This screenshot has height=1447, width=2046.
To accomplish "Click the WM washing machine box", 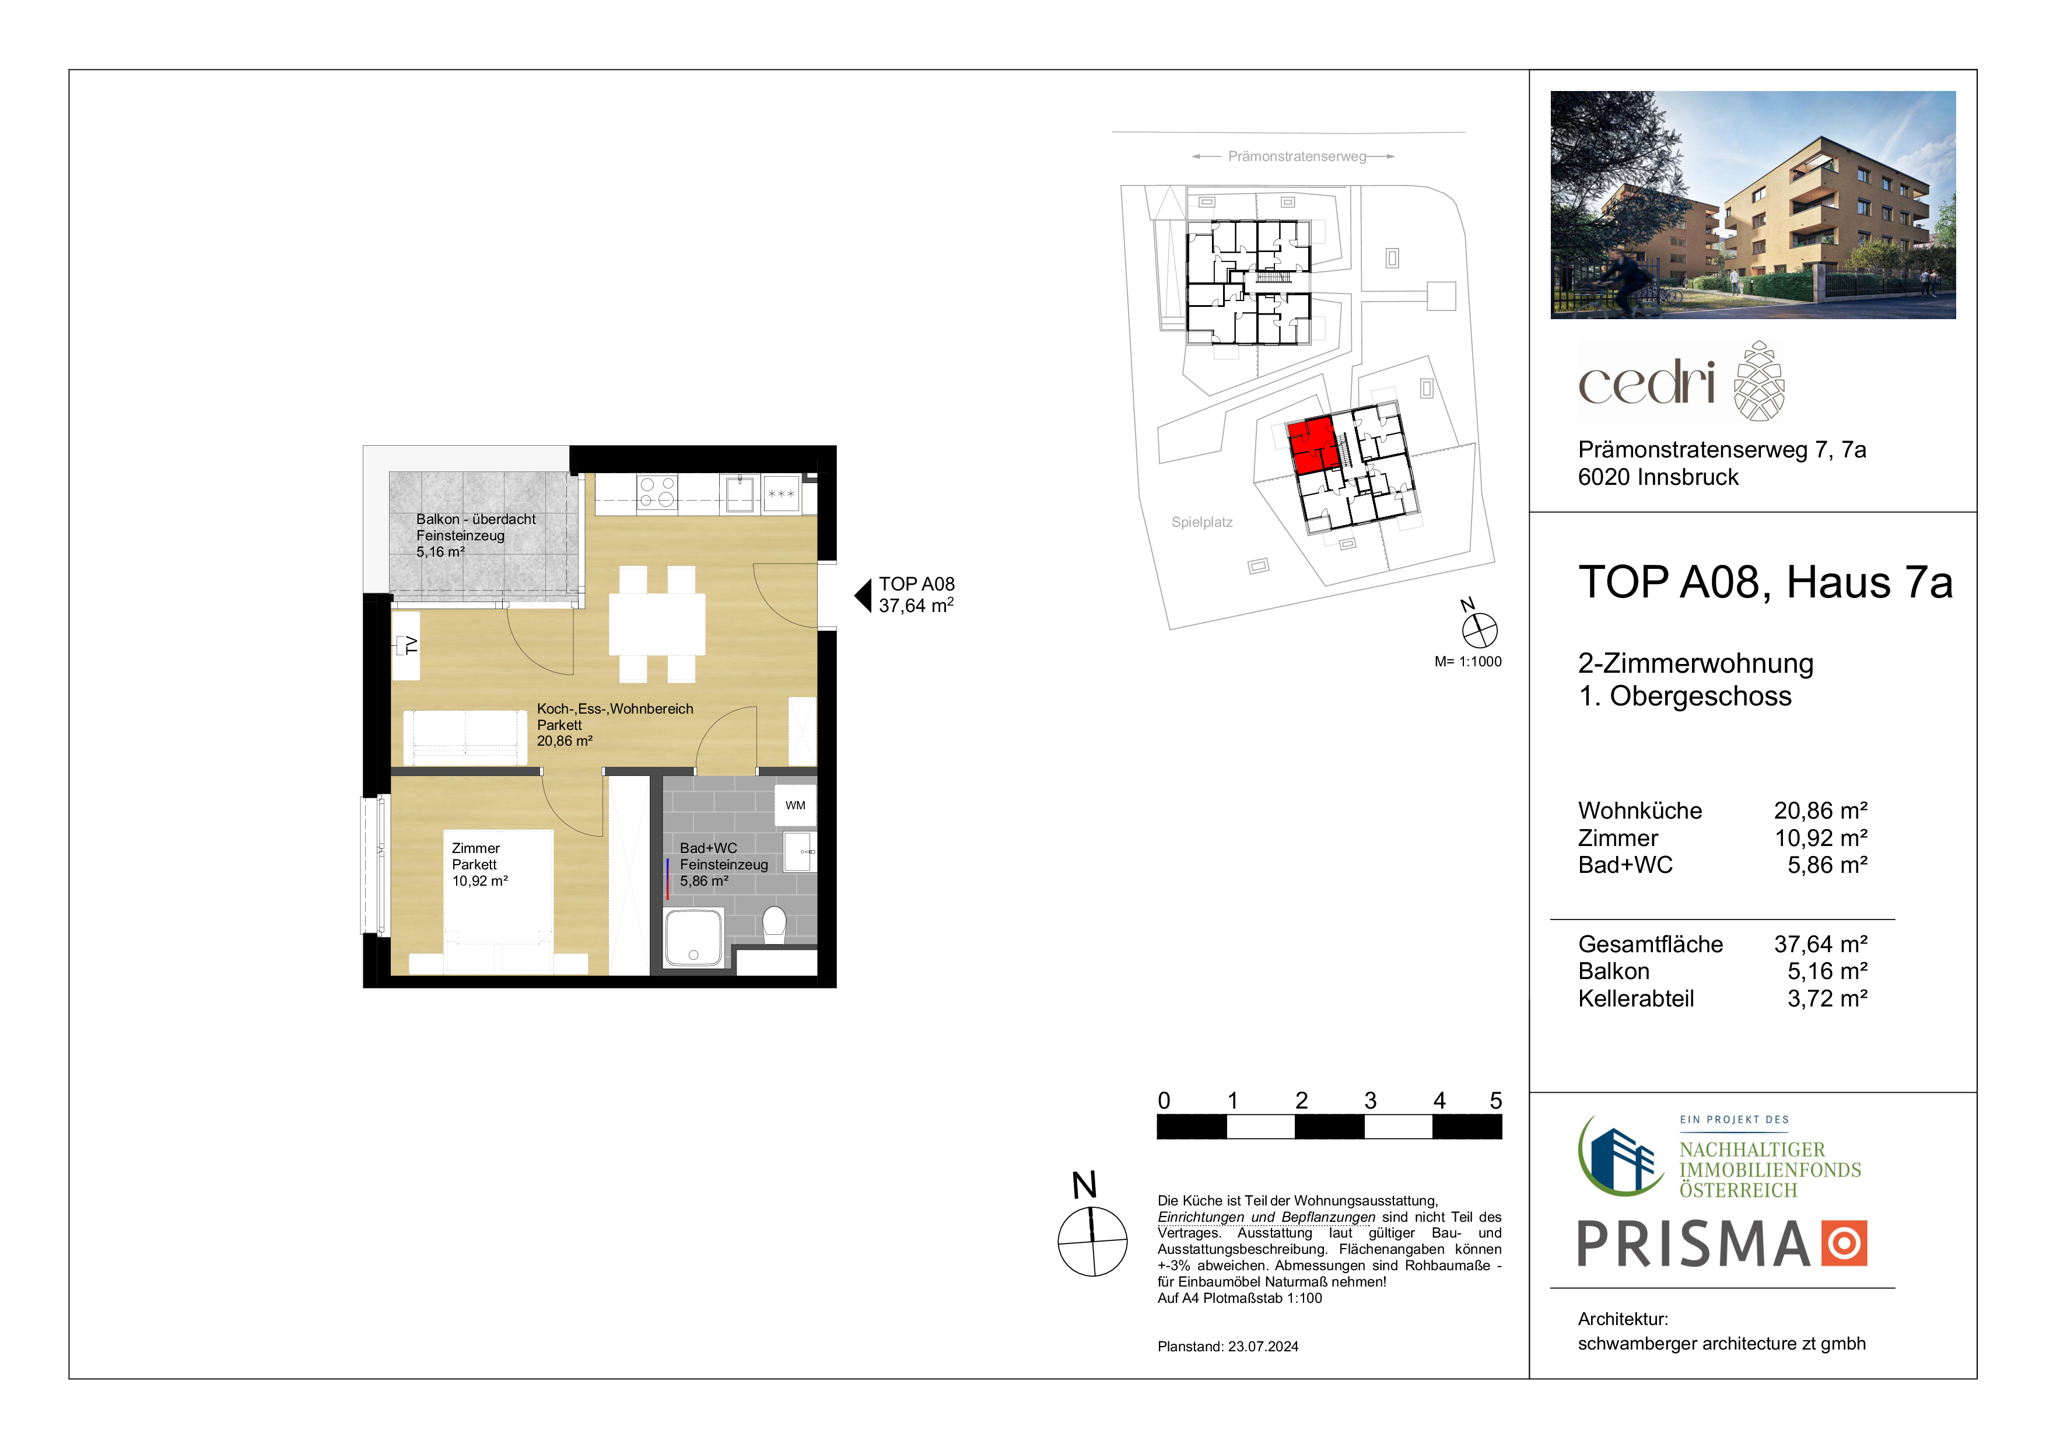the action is point(795,806).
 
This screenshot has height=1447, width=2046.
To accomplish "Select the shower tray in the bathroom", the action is point(693,938).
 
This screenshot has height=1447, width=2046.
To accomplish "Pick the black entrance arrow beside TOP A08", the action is point(863,596).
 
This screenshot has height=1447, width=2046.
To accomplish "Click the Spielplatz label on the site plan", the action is point(1201,522).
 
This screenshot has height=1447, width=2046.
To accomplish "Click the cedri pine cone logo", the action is point(1758,380).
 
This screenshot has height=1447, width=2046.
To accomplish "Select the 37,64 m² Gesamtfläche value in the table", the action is point(1820,944).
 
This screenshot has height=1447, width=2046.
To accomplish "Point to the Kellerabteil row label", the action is point(1636,999).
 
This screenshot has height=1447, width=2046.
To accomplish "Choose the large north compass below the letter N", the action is point(1092,1241).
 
